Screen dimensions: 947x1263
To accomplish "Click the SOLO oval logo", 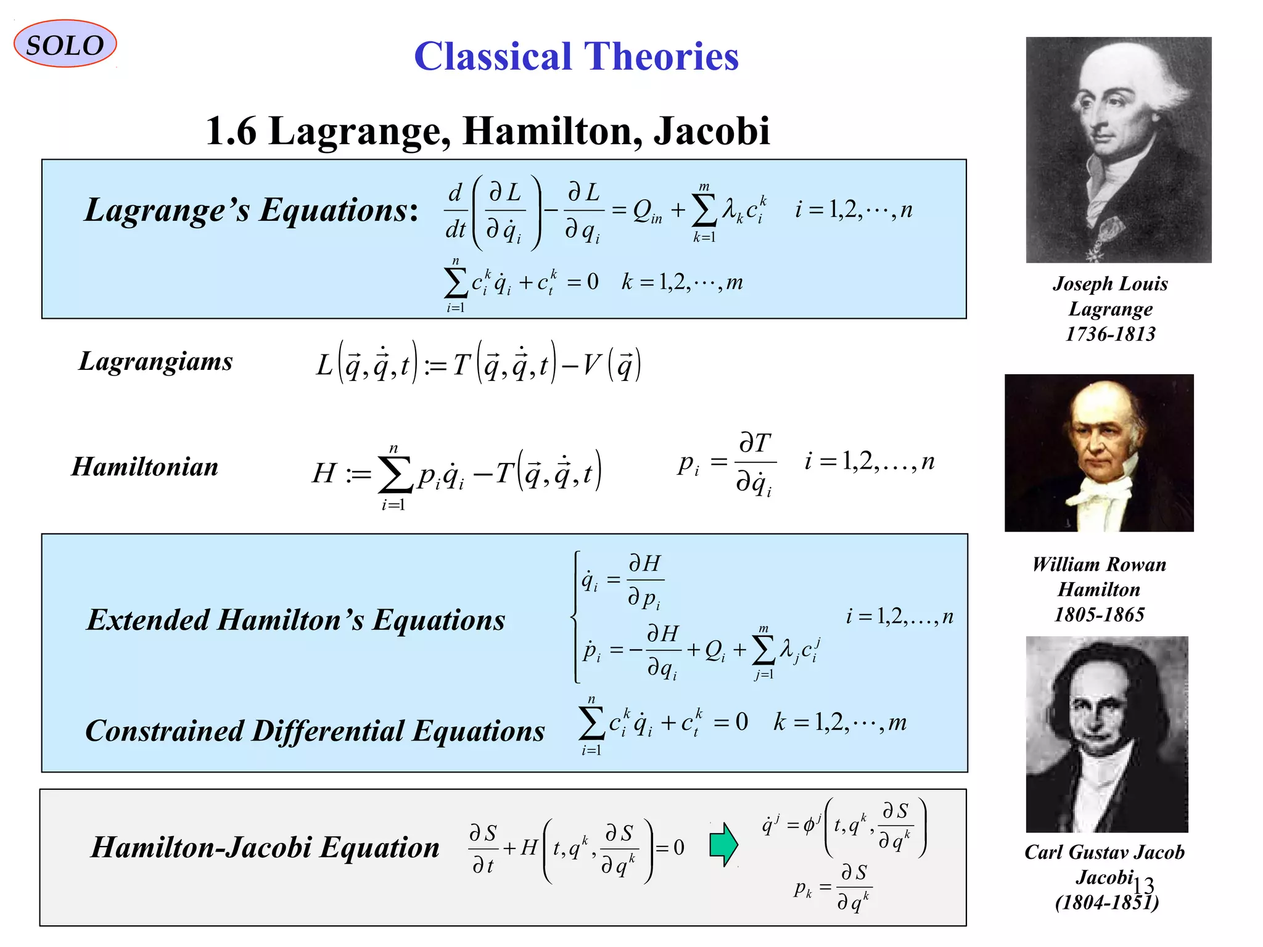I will click(x=65, y=44).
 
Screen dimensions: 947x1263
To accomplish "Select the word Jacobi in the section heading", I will click(x=712, y=131).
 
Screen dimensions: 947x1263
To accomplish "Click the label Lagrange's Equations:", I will click(x=252, y=210).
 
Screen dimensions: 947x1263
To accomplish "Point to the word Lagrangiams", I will click(x=155, y=361).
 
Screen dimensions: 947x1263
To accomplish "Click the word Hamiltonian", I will click(x=145, y=467).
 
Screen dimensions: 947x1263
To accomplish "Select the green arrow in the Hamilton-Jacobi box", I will click(x=723, y=845).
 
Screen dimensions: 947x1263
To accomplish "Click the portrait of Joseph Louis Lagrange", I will click(x=1118, y=150).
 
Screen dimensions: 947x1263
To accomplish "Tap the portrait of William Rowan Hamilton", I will click(x=1099, y=453).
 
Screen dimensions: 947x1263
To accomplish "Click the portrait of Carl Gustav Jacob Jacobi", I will click(x=1106, y=734).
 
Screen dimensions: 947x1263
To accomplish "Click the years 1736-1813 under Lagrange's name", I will click(x=1110, y=334).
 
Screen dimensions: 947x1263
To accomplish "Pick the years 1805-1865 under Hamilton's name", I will click(x=1099, y=615).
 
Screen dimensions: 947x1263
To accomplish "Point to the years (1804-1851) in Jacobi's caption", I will click(x=1106, y=903).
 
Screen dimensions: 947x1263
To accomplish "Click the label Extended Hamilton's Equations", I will click(x=296, y=620).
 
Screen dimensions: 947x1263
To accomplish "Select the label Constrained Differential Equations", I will click(x=315, y=731).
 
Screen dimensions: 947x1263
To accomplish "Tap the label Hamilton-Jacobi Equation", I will click(x=265, y=847).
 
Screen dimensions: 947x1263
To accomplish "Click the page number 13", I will click(x=1143, y=885).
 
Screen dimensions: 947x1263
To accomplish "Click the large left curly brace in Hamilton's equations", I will click(x=576, y=617).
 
